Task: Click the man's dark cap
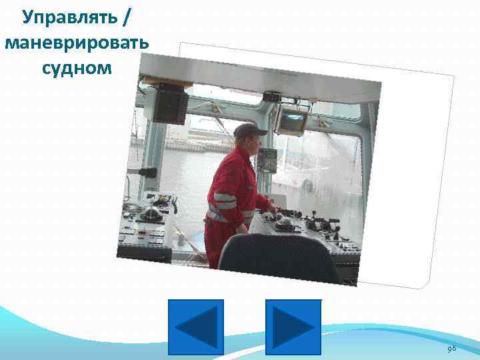coord(249,130)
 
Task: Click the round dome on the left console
coord(151,213)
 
